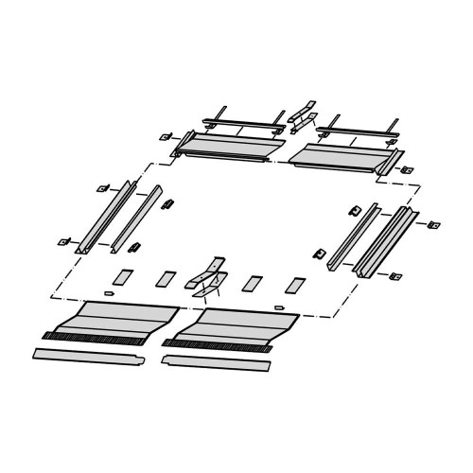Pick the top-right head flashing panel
341,152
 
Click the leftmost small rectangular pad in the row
120,279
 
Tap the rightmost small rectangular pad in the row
297,284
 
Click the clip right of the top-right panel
409,168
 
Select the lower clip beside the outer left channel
67,240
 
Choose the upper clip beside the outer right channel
434,225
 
